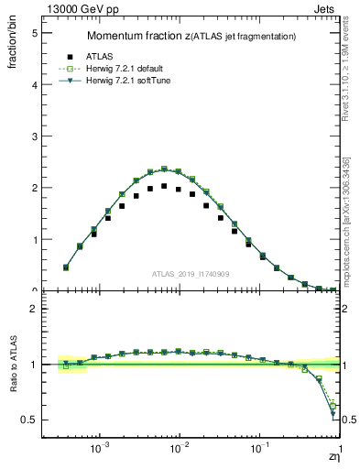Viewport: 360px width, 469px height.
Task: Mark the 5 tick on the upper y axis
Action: pyautogui.click(x=35, y=33)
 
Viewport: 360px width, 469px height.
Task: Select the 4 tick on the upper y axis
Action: pyautogui.click(x=35, y=84)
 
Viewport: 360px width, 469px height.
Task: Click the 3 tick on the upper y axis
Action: pyautogui.click(x=35, y=136)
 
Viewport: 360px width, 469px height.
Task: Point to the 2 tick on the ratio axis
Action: pyautogui.click(x=35, y=309)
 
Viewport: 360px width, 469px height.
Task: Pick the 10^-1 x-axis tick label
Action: pyautogui.click(x=260, y=450)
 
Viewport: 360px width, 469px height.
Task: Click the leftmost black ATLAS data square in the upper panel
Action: pyautogui.click(x=66, y=267)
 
